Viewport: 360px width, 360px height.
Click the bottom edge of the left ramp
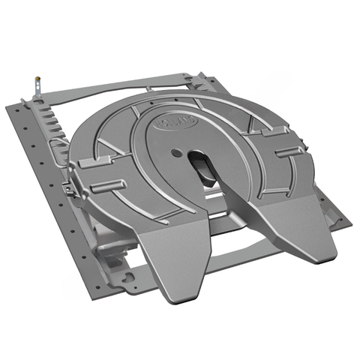click(x=180, y=288)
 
